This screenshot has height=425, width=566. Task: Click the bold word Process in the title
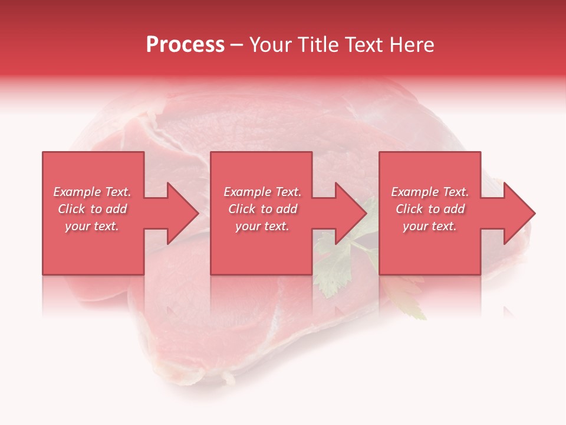click(x=185, y=45)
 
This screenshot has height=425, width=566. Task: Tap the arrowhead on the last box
click(x=519, y=213)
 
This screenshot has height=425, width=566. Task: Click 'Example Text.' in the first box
click(x=92, y=192)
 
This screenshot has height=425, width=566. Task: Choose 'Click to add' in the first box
click(x=92, y=209)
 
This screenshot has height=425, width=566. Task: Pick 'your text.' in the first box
click(x=92, y=226)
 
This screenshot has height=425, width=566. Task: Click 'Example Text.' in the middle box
click(x=262, y=192)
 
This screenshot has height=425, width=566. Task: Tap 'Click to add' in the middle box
click(x=262, y=209)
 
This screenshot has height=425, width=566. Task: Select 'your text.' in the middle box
click(x=262, y=226)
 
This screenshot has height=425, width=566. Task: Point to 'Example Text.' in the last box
click(x=430, y=192)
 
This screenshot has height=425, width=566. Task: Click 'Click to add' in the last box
click(x=430, y=209)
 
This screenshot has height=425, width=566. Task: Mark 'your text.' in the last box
click(x=430, y=226)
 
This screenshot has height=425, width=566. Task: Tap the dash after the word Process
click(x=236, y=45)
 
